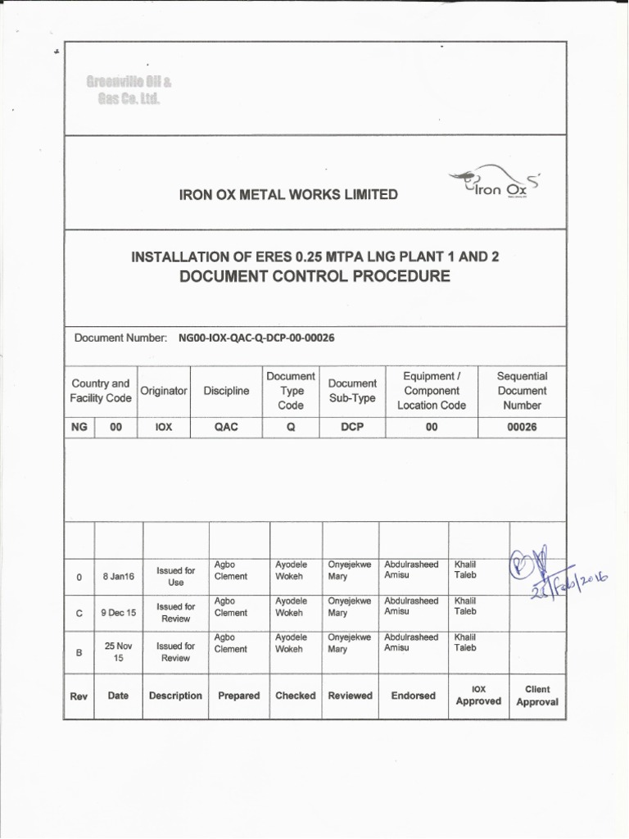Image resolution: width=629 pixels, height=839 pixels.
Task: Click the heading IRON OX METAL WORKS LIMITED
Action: (x=277, y=194)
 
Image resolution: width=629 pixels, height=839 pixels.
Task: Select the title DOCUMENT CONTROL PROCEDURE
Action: (x=314, y=276)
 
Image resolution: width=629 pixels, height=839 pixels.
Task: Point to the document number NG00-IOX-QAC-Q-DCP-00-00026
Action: (x=256, y=338)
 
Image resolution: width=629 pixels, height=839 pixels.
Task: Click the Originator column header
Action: (x=164, y=391)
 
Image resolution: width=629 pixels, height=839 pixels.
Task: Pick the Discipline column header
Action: (x=226, y=391)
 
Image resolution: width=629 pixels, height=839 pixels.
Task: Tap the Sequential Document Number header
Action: (x=522, y=391)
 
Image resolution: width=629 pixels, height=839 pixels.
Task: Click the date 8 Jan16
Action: (x=118, y=577)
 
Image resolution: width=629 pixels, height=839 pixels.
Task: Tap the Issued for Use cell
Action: (x=175, y=576)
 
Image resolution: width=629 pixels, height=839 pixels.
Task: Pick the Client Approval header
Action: (x=536, y=696)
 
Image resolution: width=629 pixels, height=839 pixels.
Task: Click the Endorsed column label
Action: (x=414, y=696)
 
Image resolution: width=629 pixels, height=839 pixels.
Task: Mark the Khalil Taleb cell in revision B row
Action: (x=465, y=643)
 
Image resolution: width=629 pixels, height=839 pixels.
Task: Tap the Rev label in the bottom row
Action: (x=79, y=696)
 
